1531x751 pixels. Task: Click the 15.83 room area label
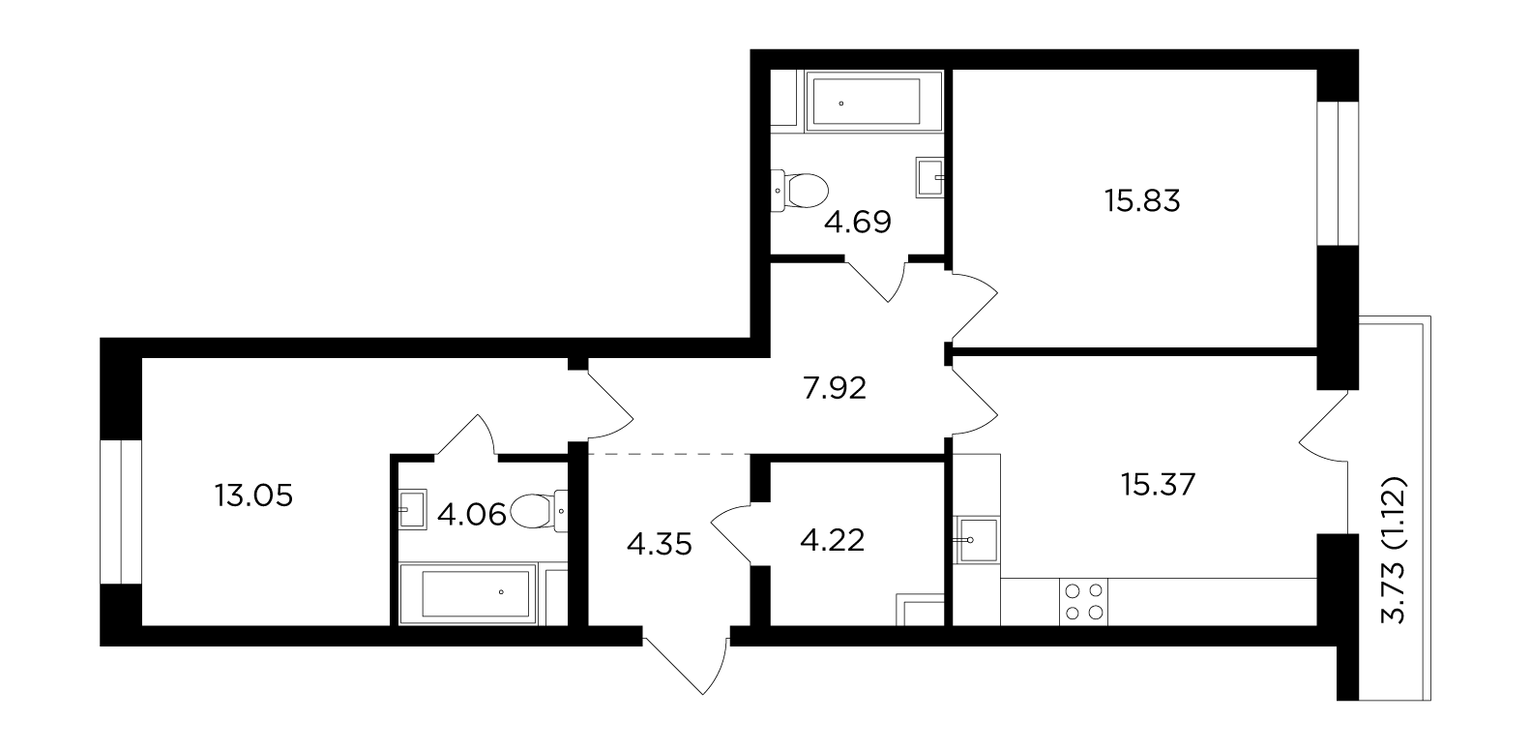(x=1142, y=201)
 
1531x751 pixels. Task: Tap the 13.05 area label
(x=253, y=496)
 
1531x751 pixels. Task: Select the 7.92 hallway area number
(x=835, y=389)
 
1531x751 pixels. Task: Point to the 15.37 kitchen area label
(x=1158, y=485)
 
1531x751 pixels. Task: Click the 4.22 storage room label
(x=832, y=540)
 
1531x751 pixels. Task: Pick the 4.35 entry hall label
(x=659, y=545)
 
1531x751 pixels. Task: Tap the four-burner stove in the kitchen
(x=1083, y=602)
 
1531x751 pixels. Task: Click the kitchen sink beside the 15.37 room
(x=977, y=540)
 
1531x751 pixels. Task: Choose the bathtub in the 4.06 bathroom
(x=467, y=593)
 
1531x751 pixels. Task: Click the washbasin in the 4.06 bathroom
(x=412, y=509)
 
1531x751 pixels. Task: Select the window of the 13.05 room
(x=121, y=512)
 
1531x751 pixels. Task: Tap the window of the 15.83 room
(x=1338, y=174)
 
